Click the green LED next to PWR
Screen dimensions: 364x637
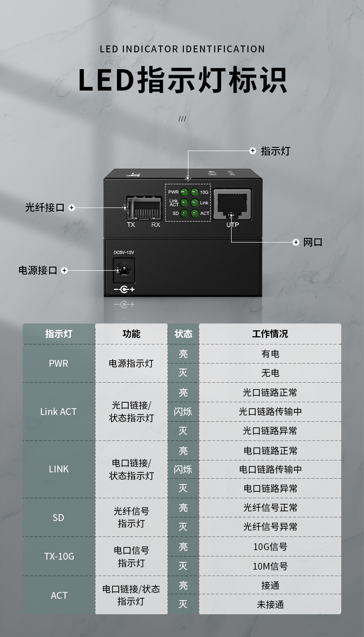184,192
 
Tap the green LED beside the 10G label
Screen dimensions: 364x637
195,192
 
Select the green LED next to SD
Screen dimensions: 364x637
184,213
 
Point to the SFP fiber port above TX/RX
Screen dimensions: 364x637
144,207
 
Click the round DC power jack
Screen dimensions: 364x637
124,270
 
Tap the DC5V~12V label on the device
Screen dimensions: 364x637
124,252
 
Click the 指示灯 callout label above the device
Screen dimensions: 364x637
276,151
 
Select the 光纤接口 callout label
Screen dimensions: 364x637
45,207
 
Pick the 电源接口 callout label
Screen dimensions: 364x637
38,270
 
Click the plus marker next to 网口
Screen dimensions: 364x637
296,242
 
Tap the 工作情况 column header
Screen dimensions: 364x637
270,334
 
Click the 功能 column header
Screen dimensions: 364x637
131,334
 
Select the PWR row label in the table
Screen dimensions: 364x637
59,364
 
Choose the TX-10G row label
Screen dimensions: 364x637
59,556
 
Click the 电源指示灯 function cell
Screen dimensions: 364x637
131,364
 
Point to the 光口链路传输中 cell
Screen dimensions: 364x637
270,411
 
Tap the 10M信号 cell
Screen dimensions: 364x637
270,566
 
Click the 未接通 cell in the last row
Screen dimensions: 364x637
270,604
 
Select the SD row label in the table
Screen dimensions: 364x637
58,518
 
